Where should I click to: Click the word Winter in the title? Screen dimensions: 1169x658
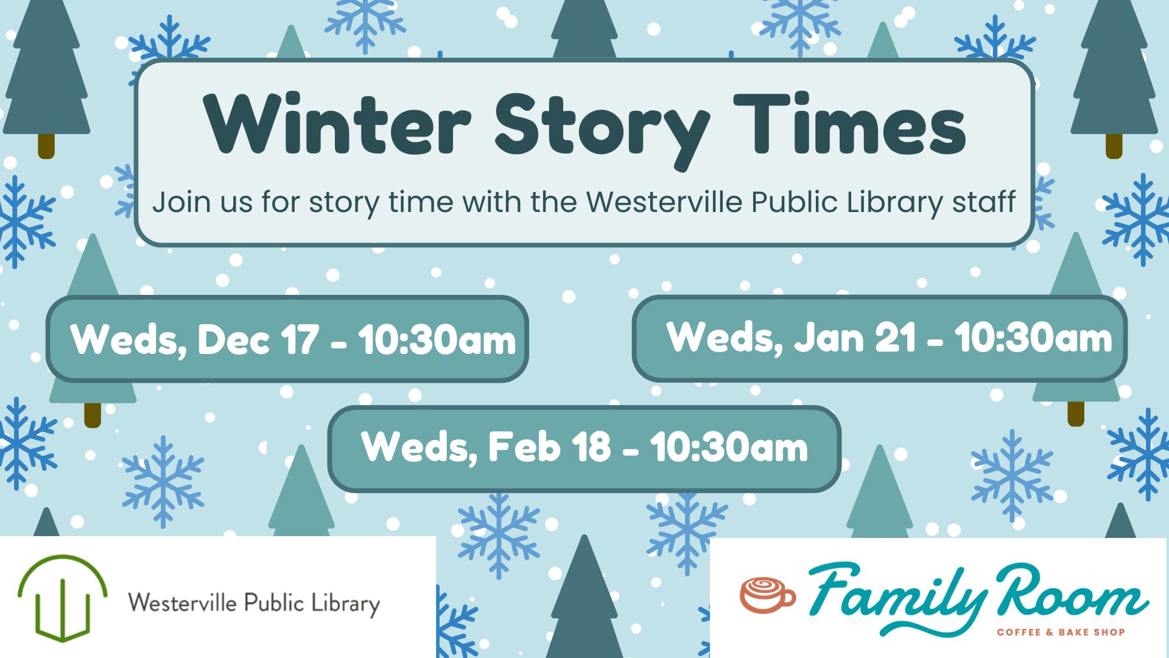coord(337,124)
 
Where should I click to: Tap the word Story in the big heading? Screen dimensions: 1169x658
coord(602,131)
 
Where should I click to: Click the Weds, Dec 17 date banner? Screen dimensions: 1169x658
coord(287,339)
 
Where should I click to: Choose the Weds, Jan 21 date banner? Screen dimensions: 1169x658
coord(880,338)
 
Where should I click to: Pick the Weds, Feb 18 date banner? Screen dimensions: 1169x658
coord(584,448)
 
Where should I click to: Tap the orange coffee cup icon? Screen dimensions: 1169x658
coord(767,594)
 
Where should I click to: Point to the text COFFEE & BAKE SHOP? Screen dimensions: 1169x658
coord(1061,632)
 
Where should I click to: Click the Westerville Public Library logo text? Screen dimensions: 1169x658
coord(254,603)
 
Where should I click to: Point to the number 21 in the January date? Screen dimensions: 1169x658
coord(896,337)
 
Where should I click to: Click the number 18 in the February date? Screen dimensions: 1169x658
coord(591,447)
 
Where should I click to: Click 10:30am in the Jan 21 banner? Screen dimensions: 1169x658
coord(1033,338)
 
